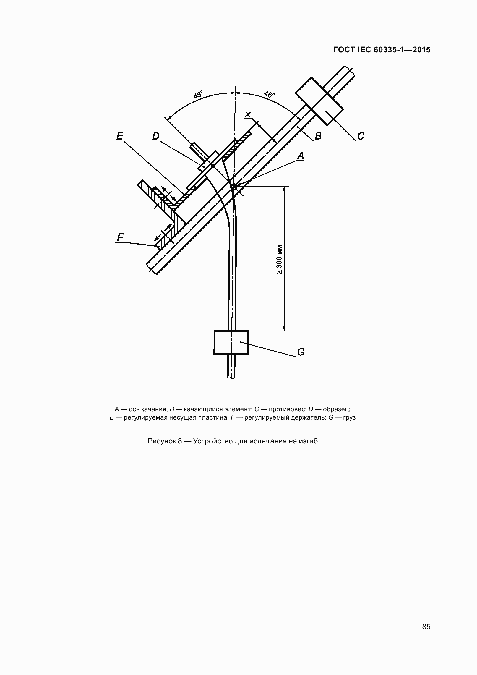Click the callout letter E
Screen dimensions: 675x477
click(x=120, y=136)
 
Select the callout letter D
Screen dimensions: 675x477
click(x=156, y=136)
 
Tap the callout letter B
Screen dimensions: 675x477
click(x=318, y=136)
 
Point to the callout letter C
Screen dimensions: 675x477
click(x=361, y=136)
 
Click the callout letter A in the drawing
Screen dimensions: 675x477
click(x=301, y=156)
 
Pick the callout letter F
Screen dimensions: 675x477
click(x=120, y=237)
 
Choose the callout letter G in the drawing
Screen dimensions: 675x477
click(x=301, y=352)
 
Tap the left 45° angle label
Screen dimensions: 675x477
click(x=198, y=95)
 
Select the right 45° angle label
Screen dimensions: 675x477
click(x=269, y=95)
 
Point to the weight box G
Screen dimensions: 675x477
click(x=231, y=342)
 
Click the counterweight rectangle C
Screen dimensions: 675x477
click(x=319, y=101)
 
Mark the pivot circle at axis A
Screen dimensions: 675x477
click(x=234, y=187)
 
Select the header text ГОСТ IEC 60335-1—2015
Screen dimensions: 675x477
click(x=382, y=50)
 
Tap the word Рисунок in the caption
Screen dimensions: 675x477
click(x=161, y=441)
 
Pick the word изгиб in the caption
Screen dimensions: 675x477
click(x=308, y=441)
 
